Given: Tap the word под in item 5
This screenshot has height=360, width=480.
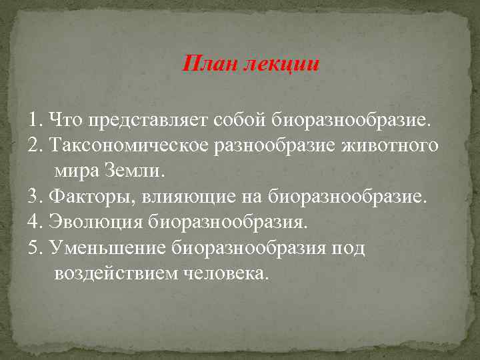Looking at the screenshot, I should (x=349, y=247).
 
